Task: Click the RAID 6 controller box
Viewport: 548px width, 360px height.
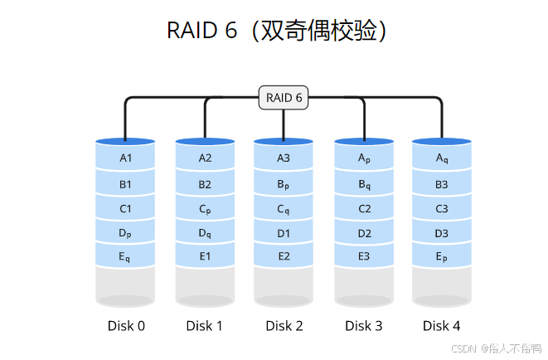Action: (284, 98)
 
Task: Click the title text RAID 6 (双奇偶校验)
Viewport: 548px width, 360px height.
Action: (277, 31)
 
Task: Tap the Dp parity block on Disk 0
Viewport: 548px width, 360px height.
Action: (125, 234)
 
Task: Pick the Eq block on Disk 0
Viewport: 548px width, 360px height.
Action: (125, 258)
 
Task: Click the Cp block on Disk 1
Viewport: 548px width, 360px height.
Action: (205, 209)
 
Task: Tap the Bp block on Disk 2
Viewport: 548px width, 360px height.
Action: (284, 184)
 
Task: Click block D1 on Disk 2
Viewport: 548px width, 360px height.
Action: (284, 234)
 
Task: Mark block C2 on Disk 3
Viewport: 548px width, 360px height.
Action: (364, 209)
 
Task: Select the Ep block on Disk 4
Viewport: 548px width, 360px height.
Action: (442, 258)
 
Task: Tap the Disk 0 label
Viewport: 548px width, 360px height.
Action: (126, 326)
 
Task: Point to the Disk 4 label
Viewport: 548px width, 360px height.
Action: (442, 326)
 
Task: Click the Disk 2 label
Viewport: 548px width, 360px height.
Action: (284, 326)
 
